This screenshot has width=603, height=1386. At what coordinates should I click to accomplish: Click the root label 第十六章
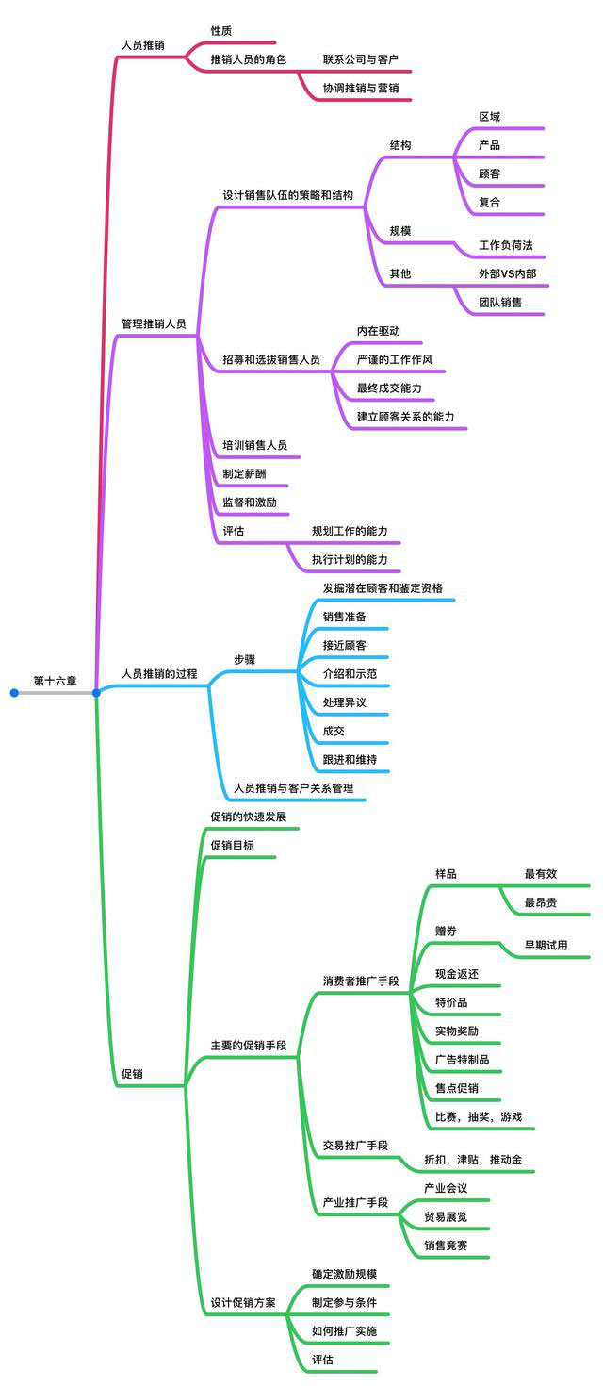pyautogui.click(x=55, y=681)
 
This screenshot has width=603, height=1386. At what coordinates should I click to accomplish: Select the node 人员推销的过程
pyautogui.click(x=159, y=673)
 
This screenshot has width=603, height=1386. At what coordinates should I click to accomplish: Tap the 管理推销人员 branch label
pyautogui.click(x=154, y=323)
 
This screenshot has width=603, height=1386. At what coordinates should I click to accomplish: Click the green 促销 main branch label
pyautogui.click(x=132, y=1073)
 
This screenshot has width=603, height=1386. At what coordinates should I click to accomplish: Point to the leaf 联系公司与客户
pyautogui.click(x=361, y=58)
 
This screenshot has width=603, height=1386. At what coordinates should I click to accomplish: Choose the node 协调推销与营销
pyautogui.click(x=361, y=88)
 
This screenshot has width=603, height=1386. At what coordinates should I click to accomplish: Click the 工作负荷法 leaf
pyautogui.click(x=506, y=245)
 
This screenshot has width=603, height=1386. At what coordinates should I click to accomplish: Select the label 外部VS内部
pyautogui.click(x=507, y=273)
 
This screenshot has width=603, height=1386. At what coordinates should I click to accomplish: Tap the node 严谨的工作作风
pyautogui.click(x=395, y=359)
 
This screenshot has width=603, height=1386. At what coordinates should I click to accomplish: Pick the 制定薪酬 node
pyautogui.click(x=244, y=473)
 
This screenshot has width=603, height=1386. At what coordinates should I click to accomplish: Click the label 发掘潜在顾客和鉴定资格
pyautogui.click(x=383, y=587)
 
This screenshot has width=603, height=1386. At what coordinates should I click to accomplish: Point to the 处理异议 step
pyautogui.click(x=345, y=702)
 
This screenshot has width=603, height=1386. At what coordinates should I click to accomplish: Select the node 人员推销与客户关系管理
pyautogui.click(x=294, y=787)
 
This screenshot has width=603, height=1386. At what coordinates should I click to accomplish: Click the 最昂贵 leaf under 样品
pyautogui.click(x=541, y=902)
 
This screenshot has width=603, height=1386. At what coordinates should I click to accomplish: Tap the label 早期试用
pyautogui.click(x=546, y=945)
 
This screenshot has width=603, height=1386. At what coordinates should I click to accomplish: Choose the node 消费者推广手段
pyautogui.click(x=361, y=981)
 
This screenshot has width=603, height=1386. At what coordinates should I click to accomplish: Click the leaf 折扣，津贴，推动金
pyautogui.click(x=473, y=1159)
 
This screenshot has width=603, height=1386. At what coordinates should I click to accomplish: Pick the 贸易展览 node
pyautogui.click(x=446, y=1216)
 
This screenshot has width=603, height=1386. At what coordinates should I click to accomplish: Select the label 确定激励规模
pyautogui.click(x=345, y=1274)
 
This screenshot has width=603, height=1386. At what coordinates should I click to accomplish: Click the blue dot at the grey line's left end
pyautogui.click(x=14, y=693)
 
